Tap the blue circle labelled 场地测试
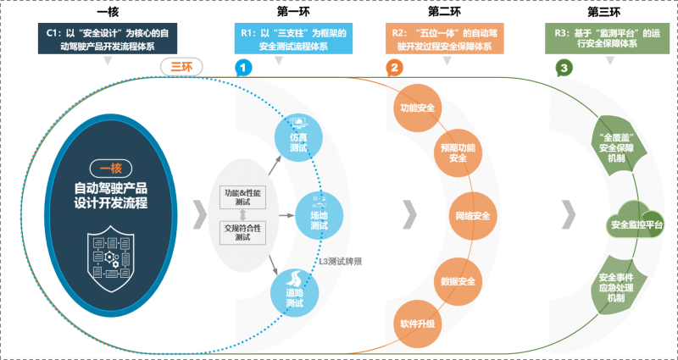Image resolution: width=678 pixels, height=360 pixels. tap(319, 213)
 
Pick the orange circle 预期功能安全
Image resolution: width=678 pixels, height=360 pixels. tap(458, 152)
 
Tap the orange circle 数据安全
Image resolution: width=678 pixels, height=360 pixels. tap(458, 280)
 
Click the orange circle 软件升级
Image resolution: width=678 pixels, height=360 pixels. tap(417, 324)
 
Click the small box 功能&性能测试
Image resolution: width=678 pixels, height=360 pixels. tap(243, 198)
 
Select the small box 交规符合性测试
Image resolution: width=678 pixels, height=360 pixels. tap(243, 232)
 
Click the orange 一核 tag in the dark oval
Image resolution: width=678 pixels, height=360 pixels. tap(111, 168)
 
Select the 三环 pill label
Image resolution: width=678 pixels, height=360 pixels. tap(181, 67)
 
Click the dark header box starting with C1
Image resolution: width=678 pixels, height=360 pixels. tap(108, 39)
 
